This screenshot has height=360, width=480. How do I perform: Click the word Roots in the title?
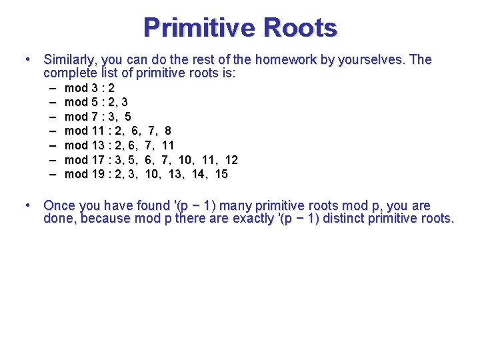coord(301,28)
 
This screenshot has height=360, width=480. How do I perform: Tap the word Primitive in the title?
coord(199,28)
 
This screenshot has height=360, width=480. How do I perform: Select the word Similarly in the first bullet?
coord(70,59)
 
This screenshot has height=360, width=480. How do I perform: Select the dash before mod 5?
coord(53,102)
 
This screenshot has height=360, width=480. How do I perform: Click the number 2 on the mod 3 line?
coord(111,88)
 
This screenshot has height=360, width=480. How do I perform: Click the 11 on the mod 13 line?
coord(168,145)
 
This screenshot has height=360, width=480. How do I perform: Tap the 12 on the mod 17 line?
coord(231,160)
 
